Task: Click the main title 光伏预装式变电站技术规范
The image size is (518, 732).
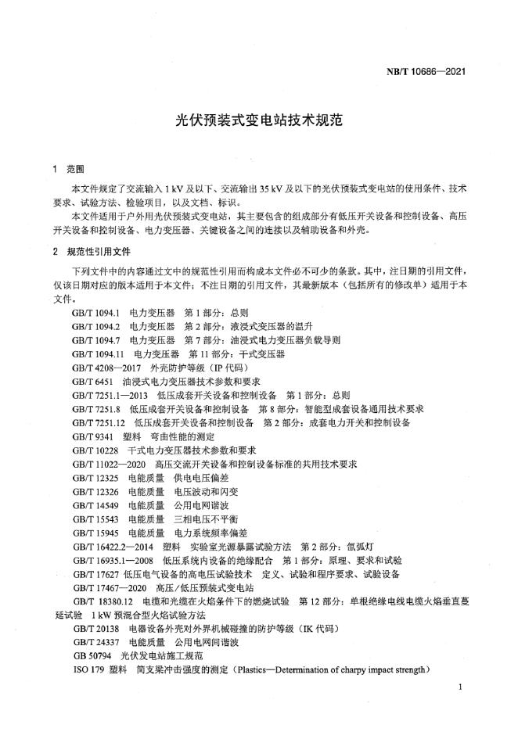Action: [x=259, y=122]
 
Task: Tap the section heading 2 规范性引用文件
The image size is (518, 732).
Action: [x=89, y=251]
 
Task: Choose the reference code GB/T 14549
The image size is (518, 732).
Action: [x=93, y=505]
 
